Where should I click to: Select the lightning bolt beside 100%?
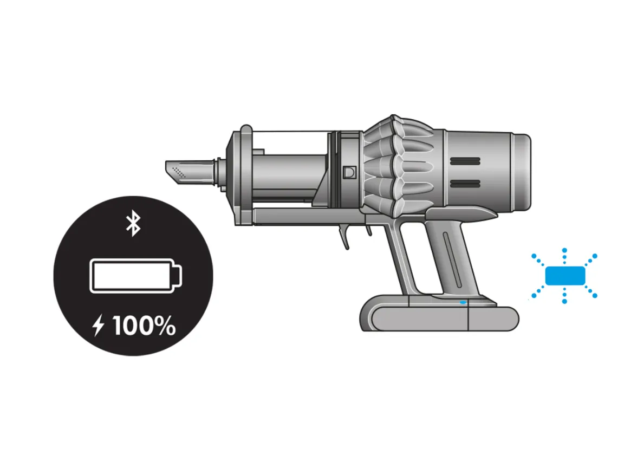pyautogui.click(x=99, y=327)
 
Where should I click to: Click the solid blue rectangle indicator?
pyautogui.click(x=564, y=276)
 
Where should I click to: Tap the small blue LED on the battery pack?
pyautogui.click(x=462, y=302)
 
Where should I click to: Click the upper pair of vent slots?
pyautogui.click(x=465, y=161)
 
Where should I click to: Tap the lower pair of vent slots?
pyautogui.click(x=465, y=185)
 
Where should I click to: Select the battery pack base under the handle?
pyautogui.click(x=439, y=317)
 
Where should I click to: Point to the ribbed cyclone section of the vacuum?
pyautogui.click(x=398, y=165)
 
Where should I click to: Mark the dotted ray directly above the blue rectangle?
pyautogui.click(x=564, y=256)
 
